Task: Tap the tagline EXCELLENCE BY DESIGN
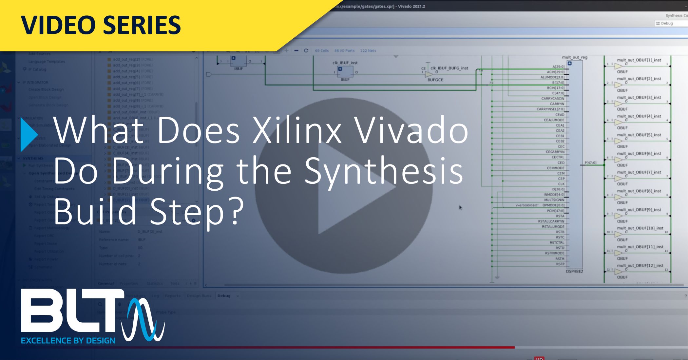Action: point(68,341)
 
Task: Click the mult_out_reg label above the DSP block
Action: point(575,57)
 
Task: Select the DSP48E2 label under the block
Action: point(574,271)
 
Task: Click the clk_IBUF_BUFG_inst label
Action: point(449,68)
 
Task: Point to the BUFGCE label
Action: point(435,80)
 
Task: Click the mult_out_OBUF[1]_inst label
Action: point(639,60)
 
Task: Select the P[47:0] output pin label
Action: point(590,162)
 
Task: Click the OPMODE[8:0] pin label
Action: point(553,205)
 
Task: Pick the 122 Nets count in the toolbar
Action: point(368,51)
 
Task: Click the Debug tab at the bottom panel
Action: point(224,296)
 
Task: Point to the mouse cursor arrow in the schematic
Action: point(460,207)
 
